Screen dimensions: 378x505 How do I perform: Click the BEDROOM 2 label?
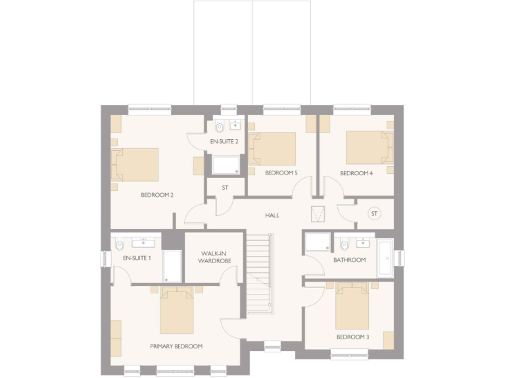(x=157, y=195)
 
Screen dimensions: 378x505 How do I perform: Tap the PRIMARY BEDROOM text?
(x=176, y=346)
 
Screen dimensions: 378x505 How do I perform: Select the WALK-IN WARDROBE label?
(x=215, y=257)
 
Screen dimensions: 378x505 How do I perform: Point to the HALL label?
(x=272, y=215)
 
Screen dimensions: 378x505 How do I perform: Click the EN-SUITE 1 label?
(x=137, y=258)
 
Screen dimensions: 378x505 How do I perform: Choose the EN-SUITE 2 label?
(x=224, y=141)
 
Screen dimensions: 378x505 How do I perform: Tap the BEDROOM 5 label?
(x=281, y=173)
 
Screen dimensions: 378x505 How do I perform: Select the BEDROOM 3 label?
(x=352, y=337)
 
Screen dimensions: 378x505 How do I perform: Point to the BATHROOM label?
(x=349, y=260)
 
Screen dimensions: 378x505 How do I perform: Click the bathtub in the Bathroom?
(x=384, y=258)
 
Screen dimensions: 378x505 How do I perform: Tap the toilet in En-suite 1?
(x=119, y=245)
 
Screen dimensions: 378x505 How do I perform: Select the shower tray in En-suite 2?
(x=225, y=164)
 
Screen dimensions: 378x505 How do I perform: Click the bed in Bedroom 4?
(x=369, y=147)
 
